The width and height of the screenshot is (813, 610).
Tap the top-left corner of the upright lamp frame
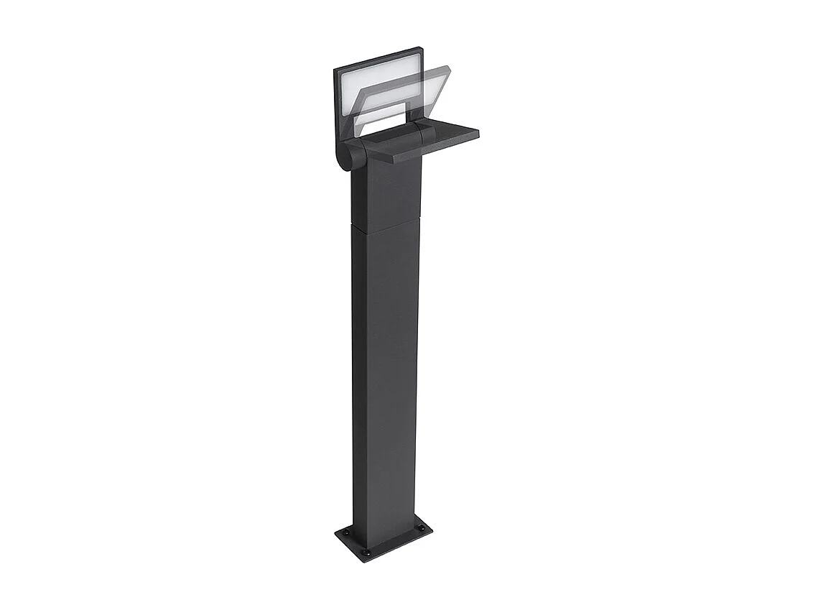[x=335, y=69]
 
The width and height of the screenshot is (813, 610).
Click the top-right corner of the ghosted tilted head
[x=448, y=68]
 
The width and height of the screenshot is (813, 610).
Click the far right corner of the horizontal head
[x=479, y=132]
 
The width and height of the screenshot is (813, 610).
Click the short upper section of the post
[x=388, y=194]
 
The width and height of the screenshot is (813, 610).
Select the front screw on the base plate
[x=366, y=552]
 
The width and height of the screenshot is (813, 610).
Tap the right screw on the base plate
[x=421, y=530]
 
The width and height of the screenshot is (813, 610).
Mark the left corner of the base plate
[x=335, y=532]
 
